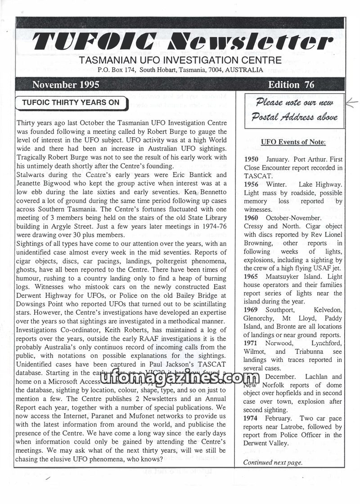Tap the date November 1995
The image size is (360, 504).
pyautogui.click(x=66, y=85)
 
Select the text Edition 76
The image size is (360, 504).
pyautogui.click(x=291, y=85)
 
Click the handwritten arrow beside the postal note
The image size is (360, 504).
pyautogui.click(x=351, y=103)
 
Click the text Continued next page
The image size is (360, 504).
pyautogui.click(x=273, y=462)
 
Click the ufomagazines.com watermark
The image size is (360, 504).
pyautogui.click(x=180, y=379)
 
